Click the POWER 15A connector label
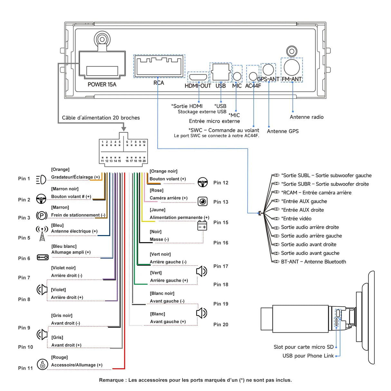(x=102, y=84)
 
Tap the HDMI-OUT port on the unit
(x=198, y=77)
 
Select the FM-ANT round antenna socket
(x=291, y=67)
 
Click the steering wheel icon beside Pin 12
(x=203, y=182)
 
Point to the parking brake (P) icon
(x=42, y=215)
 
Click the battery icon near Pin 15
(x=202, y=225)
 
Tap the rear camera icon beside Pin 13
(x=203, y=202)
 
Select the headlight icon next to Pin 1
(x=41, y=179)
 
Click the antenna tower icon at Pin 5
(x=42, y=233)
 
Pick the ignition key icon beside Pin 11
(x=42, y=364)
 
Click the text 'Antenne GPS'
(x=282, y=131)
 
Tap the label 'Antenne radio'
(x=306, y=117)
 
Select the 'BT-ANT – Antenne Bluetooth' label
(x=313, y=262)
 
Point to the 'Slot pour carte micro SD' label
(x=303, y=347)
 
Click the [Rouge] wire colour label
(x=59, y=357)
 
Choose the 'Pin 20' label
(x=221, y=325)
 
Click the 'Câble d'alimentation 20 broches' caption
(x=101, y=118)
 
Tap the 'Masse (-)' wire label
(x=159, y=239)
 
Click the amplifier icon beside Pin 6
(x=43, y=257)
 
